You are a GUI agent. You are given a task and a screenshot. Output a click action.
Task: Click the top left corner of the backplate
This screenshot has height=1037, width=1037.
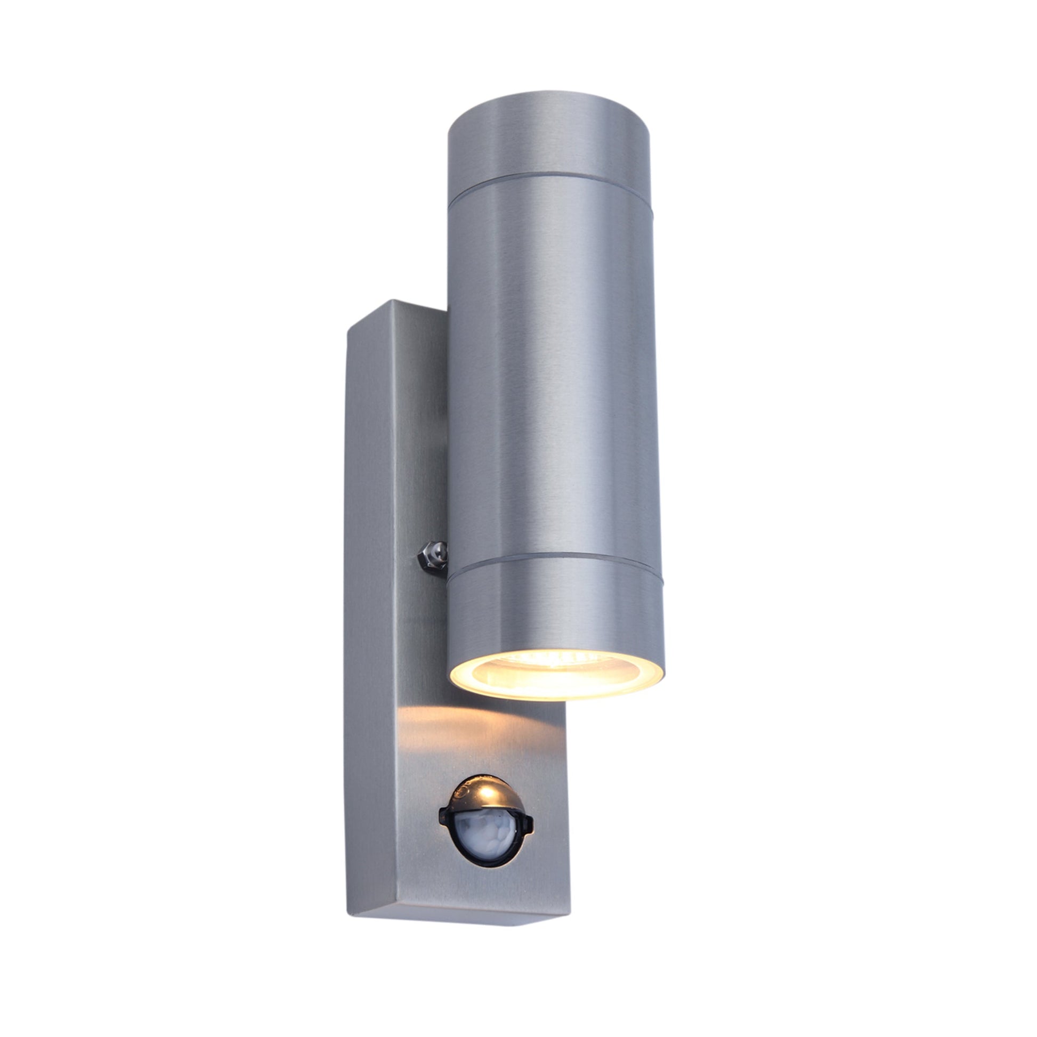tap(349, 328)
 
